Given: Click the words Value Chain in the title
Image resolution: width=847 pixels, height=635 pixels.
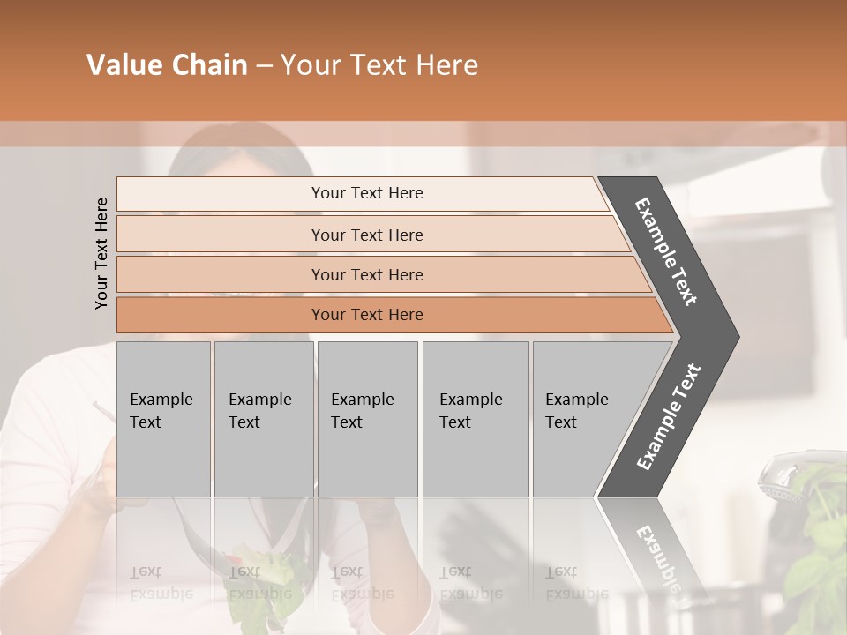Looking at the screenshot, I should pyautogui.click(x=167, y=65).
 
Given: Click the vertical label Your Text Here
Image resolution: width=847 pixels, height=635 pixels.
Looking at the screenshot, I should pyautogui.click(x=101, y=253).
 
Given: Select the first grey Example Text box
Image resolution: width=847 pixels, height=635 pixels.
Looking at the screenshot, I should pyautogui.click(x=163, y=419).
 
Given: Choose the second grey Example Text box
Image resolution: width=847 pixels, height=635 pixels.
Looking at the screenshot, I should pyautogui.click(x=263, y=419).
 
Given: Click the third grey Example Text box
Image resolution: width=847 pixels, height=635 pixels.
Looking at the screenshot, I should pyautogui.click(x=367, y=419).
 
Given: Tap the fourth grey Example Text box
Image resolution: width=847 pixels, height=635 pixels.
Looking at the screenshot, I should pyautogui.click(x=475, y=419).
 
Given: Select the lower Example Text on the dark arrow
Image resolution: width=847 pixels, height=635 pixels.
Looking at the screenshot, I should pyautogui.click(x=669, y=417).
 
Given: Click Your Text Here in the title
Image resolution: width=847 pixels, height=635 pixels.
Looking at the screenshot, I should pyautogui.click(x=379, y=65).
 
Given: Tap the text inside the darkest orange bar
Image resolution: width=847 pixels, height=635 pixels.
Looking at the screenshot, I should pyautogui.click(x=367, y=315).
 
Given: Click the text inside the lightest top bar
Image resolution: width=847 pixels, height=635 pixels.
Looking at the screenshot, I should pyautogui.click(x=367, y=193).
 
